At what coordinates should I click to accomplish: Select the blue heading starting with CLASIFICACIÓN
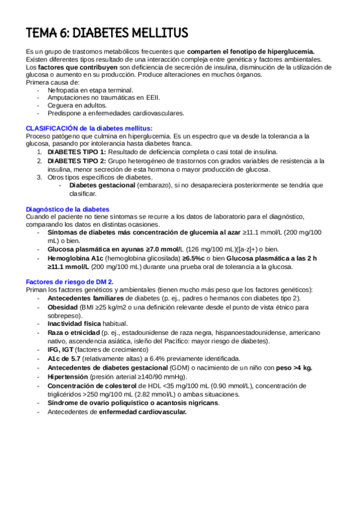coord(89,128)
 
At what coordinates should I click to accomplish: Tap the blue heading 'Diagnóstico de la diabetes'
coord(67,209)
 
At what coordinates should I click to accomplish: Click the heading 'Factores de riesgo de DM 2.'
coord(70,282)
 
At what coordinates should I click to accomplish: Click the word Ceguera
coord(61,105)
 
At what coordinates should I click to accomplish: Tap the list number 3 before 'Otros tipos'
coord(40,177)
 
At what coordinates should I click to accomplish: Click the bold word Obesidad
coord(64,307)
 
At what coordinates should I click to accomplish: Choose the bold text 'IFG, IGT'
coord(61,349)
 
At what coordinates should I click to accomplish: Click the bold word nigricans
coord(200,403)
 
